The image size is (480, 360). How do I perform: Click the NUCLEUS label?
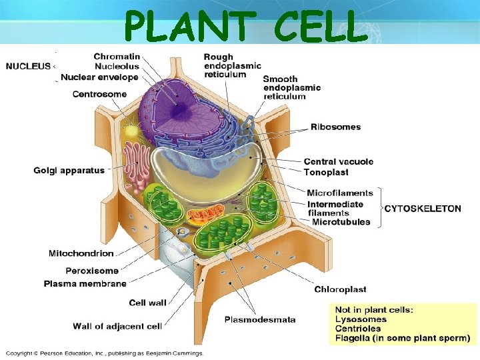pos(28,66)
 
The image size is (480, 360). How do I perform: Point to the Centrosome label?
pos(99,94)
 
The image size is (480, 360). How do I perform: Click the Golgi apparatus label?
pos(69,171)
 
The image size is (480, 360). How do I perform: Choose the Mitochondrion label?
pos(81,253)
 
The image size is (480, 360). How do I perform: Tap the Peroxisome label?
pos(92,271)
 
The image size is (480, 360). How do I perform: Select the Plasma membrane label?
pos(85,283)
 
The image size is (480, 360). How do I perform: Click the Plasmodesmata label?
pos(260,319)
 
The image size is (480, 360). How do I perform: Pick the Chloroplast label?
pos(340,289)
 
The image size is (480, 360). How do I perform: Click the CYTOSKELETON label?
pos(423,209)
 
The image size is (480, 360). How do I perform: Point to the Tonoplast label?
pos(326,172)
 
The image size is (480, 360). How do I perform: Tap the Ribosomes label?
pos(335,127)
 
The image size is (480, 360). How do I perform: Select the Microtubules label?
pos(341,222)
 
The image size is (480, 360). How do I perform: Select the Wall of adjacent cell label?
pos(117,326)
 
